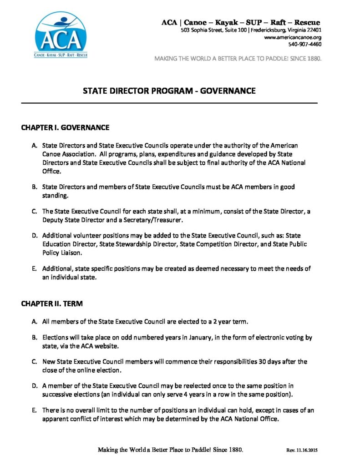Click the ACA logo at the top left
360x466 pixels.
click(61, 35)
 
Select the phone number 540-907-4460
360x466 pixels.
click(304, 44)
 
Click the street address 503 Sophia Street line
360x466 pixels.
click(251, 30)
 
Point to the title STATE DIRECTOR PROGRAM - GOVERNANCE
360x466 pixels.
click(169, 91)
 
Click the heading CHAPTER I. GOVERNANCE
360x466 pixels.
click(65, 128)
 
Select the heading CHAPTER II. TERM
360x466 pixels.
click(52, 304)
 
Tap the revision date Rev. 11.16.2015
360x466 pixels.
click(301, 450)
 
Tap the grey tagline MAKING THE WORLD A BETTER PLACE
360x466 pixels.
click(238, 58)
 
